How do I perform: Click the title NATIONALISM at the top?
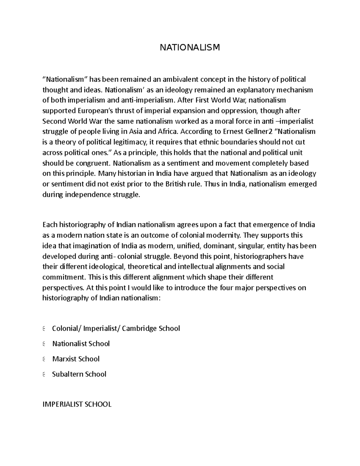click(x=190, y=47)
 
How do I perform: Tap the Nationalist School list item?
click(x=81, y=344)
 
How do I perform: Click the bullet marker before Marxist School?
click(x=44, y=359)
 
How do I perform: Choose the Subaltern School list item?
click(x=79, y=374)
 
